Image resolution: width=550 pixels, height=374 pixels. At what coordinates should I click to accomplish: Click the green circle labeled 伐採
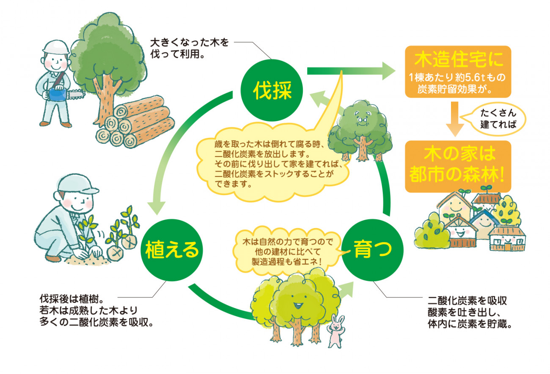coord(271,91)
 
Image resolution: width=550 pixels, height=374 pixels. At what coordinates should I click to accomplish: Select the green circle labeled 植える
coord(172,250)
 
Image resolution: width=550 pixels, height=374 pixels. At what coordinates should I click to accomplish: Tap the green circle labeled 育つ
coord(372,250)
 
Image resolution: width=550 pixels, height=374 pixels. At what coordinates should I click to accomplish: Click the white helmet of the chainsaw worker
coord(56,47)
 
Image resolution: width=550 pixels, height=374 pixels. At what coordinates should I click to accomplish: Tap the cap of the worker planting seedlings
coord(77,184)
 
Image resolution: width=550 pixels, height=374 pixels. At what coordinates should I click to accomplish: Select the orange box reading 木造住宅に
coord(458,71)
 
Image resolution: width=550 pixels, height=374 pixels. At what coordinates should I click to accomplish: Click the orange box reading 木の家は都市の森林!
coord(458,167)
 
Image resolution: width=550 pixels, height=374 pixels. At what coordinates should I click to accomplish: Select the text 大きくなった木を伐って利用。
coord(189,48)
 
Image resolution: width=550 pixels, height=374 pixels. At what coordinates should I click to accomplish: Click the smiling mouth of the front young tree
coord(298,306)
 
